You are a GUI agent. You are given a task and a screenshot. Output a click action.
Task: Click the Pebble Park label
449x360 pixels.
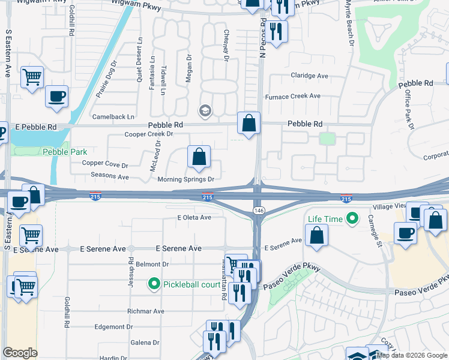(x=65, y=152)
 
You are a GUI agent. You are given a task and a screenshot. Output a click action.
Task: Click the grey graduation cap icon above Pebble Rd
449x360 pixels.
(x=205, y=111)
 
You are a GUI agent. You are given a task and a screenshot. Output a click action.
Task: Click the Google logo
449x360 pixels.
(x=20, y=353)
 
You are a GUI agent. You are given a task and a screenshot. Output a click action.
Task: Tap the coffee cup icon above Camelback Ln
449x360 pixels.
(x=56, y=97)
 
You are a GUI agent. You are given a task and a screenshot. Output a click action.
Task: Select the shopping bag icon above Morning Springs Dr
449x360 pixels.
(x=199, y=157)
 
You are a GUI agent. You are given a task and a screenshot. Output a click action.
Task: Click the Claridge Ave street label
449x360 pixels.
(x=309, y=76)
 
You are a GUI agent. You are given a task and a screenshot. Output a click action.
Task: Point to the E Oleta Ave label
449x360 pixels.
(x=194, y=217)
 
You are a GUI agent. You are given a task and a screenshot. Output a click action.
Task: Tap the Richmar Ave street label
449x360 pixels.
(x=145, y=311)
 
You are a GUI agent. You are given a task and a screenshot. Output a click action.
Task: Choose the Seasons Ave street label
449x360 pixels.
(x=110, y=177)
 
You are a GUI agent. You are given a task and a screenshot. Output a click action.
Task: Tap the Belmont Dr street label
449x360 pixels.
(x=153, y=264)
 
